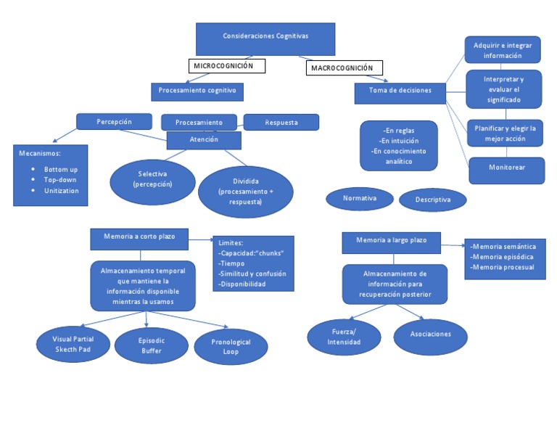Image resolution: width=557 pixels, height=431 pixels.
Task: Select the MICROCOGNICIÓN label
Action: [x=226, y=66]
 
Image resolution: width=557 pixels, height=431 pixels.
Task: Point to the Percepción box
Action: [x=114, y=121]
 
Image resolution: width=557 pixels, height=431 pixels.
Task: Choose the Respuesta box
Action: [x=281, y=122]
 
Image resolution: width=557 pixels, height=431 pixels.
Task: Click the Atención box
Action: [x=204, y=139]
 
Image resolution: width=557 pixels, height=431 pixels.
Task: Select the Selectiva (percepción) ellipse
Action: [x=152, y=179]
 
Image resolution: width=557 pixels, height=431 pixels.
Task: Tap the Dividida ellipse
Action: [x=246, y=192]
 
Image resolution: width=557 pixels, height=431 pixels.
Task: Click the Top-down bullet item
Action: [x=60, y=179]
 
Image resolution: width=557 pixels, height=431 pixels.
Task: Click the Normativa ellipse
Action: [x=360, y=198]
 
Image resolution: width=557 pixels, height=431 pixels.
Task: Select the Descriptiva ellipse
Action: [x=433, y=199]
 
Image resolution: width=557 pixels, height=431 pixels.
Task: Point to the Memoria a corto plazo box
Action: [x=140, y=237]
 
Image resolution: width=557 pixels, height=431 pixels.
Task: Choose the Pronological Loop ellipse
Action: [x=231, y=346]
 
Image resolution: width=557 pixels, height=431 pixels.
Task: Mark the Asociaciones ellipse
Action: [x=430, y=334]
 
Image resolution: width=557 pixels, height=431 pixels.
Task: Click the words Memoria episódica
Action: [x=503, y=257]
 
